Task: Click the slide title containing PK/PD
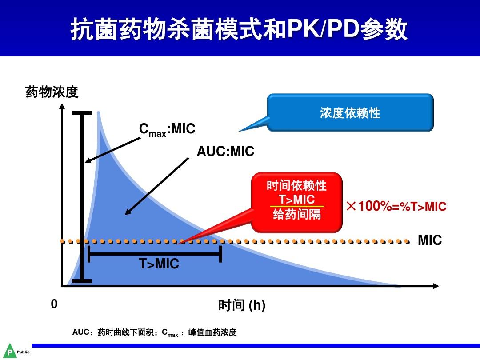click(x=240, y=30)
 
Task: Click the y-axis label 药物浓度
click(x=52, y=92)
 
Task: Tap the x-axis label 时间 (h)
click(x=242, y=305)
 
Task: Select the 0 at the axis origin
click(x=54, y=304)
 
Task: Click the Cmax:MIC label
click(x=167, y=129)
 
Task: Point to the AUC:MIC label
click(x=225, y=152)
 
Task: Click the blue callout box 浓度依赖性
click(x=350, y=112)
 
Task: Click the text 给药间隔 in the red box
click(x=296, y=215)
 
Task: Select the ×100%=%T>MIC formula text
click(x=396, y=206)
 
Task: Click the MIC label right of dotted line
click(x=429, y=240)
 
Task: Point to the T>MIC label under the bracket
click(x=159, y=264)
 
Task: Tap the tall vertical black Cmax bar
click(x=82, y=196)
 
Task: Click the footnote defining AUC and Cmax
click(x=154, y=332)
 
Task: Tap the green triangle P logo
click(x=9, y=351)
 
